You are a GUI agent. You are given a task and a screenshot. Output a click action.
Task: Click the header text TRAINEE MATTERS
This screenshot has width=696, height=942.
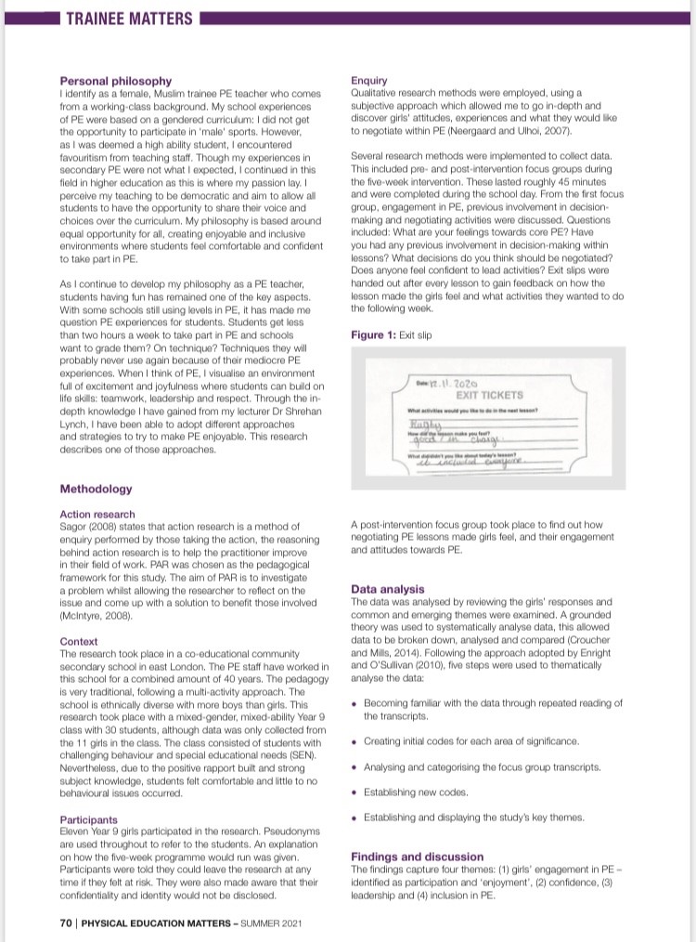click(x=129, y=19)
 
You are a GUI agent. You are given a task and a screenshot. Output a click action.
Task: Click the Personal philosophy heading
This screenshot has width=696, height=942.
click(x=115, y=81)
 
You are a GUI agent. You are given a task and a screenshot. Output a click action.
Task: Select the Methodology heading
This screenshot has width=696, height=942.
click(x=96, y=489)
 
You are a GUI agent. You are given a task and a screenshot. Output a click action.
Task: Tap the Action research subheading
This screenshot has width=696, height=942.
click(x=97, y=514)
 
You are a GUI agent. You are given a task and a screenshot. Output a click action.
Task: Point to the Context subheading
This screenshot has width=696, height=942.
click(x=79, y=641)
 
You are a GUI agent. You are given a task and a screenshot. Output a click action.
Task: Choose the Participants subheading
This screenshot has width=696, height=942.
click(x=88, y=820)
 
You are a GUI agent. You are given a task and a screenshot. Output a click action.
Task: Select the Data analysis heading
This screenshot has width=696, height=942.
click(x=387, y=589)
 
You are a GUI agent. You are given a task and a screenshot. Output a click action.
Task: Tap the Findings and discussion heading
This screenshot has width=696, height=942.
click(x=417, y=857)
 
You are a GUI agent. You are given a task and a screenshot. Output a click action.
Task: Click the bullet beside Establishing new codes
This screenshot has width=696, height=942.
click(x=356, y=792)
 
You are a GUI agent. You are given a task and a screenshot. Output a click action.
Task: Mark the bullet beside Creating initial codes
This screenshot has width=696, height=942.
click(x=356, y=741)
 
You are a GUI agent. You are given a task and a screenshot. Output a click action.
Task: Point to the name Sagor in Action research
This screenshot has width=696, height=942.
click(x=74, y=526)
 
